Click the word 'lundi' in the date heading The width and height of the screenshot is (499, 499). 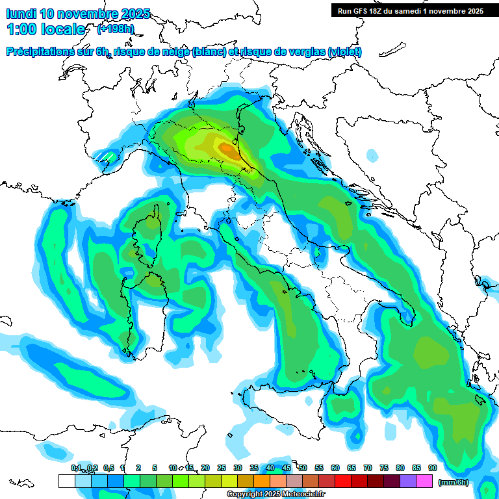21,14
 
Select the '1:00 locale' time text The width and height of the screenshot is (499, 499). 45,29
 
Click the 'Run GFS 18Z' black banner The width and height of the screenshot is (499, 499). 410,10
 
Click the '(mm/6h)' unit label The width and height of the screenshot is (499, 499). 454,481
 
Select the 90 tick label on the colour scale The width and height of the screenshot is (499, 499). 433,468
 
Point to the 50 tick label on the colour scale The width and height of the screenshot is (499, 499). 303,468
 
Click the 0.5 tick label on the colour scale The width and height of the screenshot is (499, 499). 108,468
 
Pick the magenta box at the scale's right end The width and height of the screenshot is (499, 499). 424,481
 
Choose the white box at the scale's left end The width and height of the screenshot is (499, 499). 67,481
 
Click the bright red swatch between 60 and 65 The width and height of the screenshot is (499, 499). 343,481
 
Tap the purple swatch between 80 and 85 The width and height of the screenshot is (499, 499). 408,481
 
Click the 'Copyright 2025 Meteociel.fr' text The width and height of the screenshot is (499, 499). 275,494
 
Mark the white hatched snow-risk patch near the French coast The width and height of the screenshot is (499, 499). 104,157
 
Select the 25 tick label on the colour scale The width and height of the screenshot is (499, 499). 222,468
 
